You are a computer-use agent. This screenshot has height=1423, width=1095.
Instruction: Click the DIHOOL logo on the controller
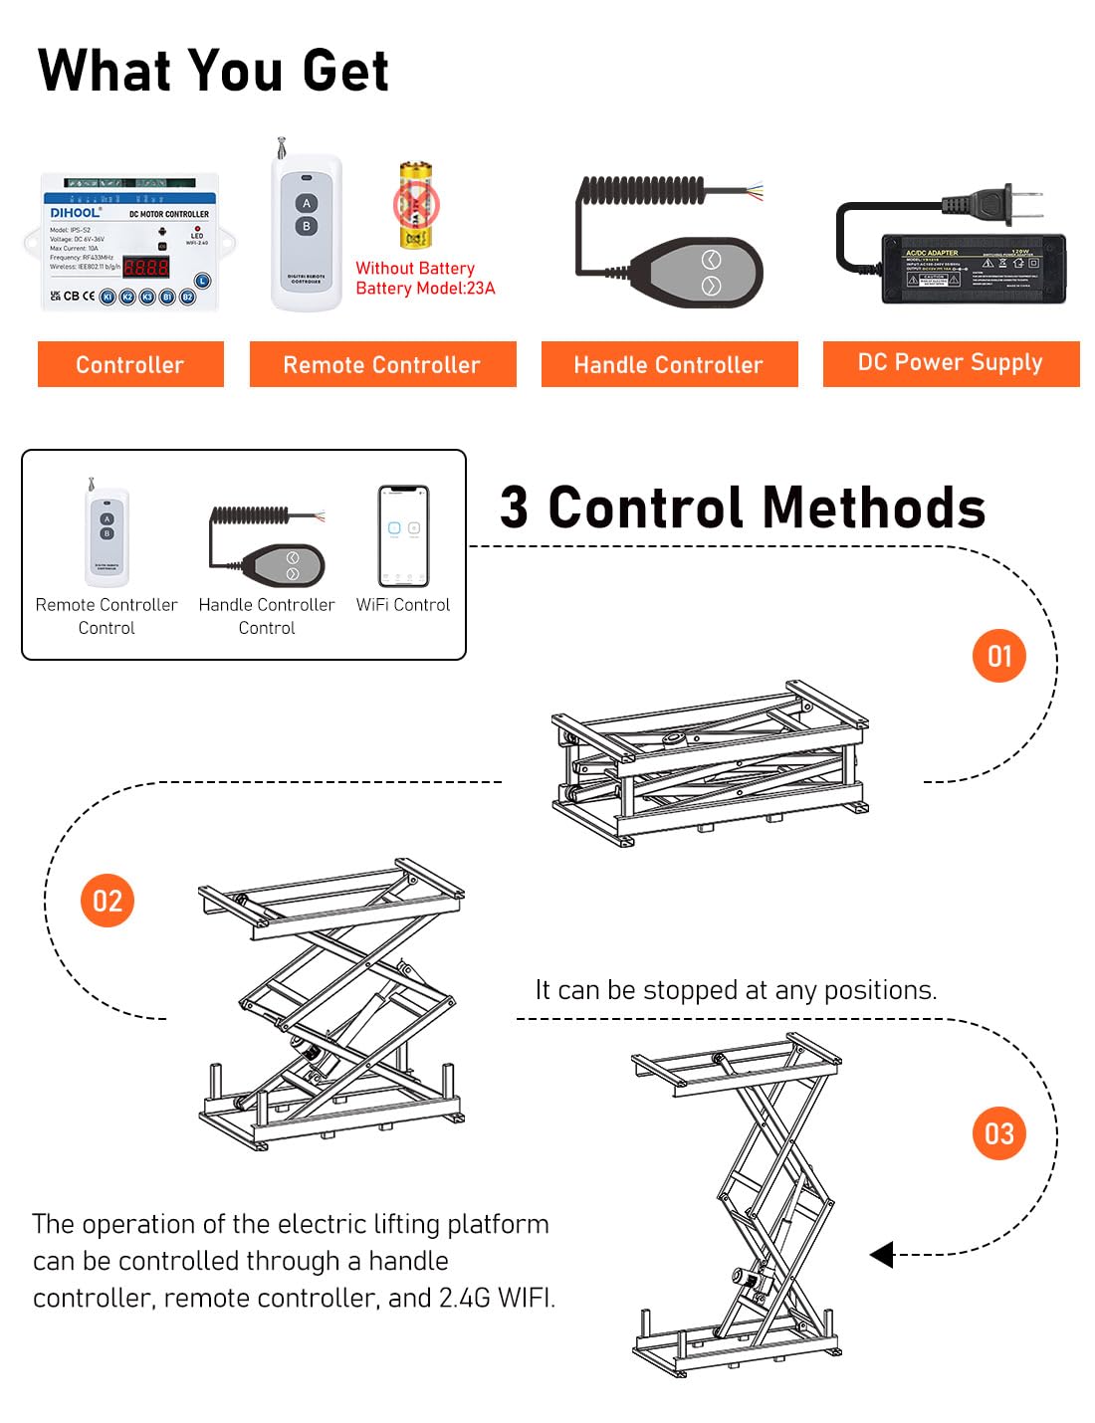coord(76,212)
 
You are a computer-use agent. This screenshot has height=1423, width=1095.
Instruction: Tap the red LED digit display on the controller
coord(145,267)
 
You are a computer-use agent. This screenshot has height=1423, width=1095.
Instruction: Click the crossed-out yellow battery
coord(416,206)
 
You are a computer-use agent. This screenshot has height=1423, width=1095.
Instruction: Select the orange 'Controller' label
coord(130,364)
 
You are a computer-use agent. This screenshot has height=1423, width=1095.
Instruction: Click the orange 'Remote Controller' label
coord(382,364)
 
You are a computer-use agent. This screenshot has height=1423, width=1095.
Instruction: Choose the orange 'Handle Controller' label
coord(669,364)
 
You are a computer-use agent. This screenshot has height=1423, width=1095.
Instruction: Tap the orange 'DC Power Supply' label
coord(951,363)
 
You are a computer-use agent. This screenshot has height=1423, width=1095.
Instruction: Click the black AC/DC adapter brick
coord(974,269)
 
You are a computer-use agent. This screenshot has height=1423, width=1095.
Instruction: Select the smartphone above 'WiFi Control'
coord(403,536)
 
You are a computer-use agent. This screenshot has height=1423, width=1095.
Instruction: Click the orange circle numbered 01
coord(998,656)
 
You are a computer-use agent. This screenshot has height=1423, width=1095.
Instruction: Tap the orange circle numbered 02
coord(107,901)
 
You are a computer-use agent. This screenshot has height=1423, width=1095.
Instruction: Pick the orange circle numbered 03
coord(998,1133)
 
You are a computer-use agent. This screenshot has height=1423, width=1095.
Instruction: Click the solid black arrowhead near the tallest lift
coord(882,1254)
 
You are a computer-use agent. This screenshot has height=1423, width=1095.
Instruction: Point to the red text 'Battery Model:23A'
coord(425,289)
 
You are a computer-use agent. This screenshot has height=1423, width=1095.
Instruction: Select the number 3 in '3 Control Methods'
coord(514,508)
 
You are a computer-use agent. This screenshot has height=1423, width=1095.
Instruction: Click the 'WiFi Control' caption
coord(403,605)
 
